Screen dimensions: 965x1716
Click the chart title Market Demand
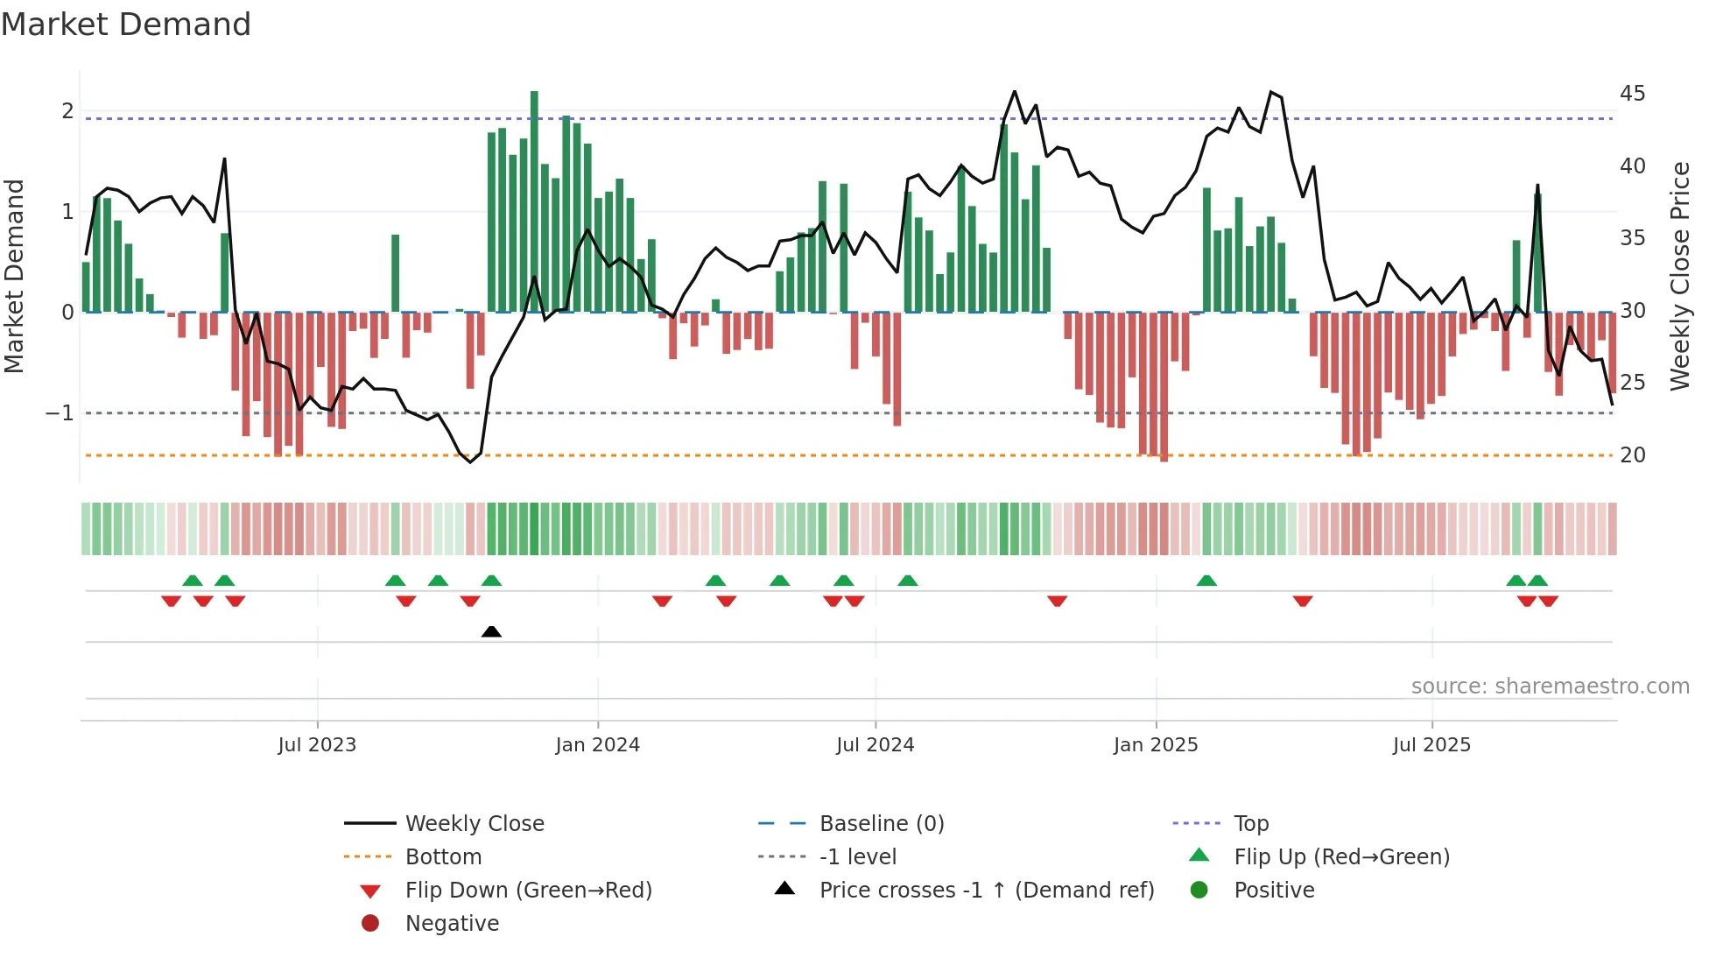[x=126, y=25]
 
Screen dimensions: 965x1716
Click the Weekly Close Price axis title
[x=1679, y=276]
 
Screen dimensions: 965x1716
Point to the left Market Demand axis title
[x=14, y=276]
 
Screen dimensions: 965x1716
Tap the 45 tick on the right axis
[x=1632, y=94]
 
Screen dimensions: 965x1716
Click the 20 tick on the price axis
[x=1632, y=455]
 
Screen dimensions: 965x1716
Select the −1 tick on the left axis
[x=60, y=413]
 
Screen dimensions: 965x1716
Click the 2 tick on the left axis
[x=67, y=111]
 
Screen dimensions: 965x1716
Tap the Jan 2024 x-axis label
[x=597, y=745]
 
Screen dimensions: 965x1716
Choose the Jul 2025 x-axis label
[x=1431, y=745]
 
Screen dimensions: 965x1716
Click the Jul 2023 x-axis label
[x=317, y=745]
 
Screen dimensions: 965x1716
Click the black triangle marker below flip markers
[x=491, y=631]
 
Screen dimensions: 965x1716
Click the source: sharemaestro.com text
[x=1550, y=687]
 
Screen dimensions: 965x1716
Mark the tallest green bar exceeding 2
[x=534, y=201]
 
